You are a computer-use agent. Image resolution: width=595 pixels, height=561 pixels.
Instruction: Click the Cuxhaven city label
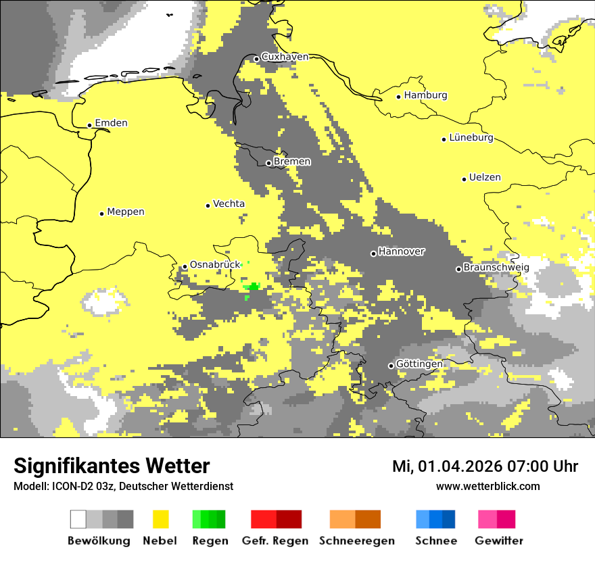pyautogui.click(x=285, y=57)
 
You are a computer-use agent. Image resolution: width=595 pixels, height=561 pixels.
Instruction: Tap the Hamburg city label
pyautogui.click(x=425, y=95)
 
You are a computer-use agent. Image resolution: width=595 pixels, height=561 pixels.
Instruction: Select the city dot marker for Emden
pyautogui.click(x=89, y=125)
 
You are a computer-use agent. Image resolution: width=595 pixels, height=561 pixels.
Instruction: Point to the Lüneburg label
pyautogui.click(x=471, y=137)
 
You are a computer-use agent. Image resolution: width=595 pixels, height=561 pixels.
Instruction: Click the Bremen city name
pyautogui.click(x=291, y=162)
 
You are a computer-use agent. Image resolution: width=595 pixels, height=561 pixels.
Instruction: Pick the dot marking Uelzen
pyautogui.click(x=464, y=179)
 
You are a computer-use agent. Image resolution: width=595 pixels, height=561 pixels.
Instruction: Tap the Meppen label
pyautogui.click(x=125, y=212)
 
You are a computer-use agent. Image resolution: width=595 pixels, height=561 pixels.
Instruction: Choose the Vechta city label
pyautogui.click(x=229, y=203)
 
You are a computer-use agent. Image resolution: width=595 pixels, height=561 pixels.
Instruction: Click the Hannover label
pyautogui.click(x=401, y=251)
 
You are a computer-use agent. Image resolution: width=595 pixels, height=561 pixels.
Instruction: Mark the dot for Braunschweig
pyautogui.click(x=458, y=269)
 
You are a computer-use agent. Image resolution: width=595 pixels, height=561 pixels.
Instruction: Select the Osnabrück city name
pyautogui.click(x=215, y=265)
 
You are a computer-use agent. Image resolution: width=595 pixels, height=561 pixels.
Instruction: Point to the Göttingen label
pyautogui.click(x=419, y=364)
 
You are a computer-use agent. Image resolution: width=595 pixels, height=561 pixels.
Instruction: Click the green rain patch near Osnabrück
pyautogui.click(x=254, y=287)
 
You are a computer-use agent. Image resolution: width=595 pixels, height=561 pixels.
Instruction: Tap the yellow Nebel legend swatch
pyautogui.click(x=160, y=519)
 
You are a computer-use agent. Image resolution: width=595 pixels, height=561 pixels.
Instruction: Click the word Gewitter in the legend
pyautogui.click(x=498, y=541)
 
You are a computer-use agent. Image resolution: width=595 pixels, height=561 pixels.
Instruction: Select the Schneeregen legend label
pyautogui.click(x=356, y=541)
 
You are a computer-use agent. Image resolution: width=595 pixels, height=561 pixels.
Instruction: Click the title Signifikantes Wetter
pyautogui.click(x=112, y=466)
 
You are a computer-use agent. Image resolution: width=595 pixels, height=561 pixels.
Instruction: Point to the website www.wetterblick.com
pyautogui.click(x=487, y=486)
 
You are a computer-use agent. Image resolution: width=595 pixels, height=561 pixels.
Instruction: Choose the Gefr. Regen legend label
pyautogui.click(x=275, y=541)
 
